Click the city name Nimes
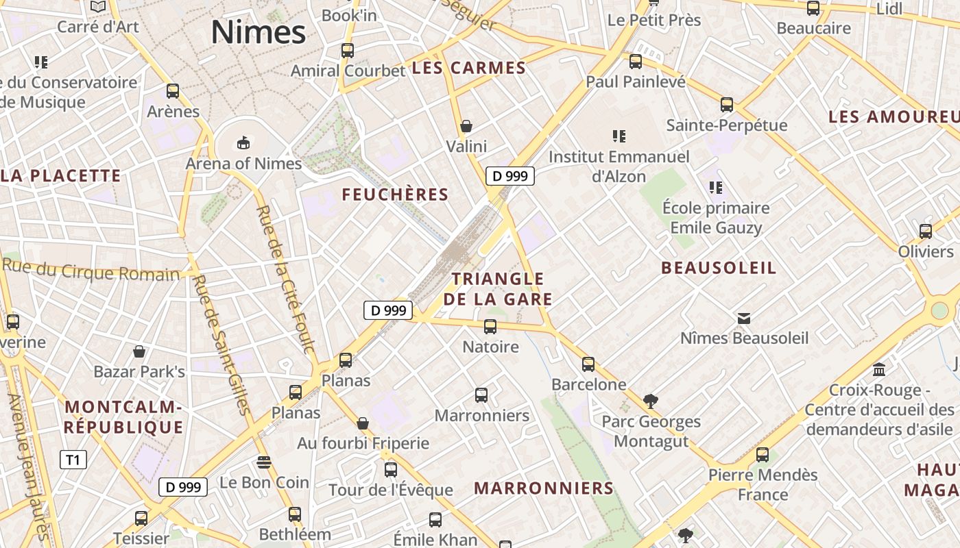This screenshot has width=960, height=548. (258, 32)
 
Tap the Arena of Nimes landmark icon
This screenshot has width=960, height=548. (243, 142)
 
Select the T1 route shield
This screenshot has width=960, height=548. (73, 460)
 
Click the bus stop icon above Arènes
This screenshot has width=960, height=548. (173, 91)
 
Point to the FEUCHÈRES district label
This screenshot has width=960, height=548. (395, 195)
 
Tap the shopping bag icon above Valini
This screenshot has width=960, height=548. (466, 126)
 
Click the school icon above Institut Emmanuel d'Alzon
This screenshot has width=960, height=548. (619, 136)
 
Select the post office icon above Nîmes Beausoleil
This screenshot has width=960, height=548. (744, 318)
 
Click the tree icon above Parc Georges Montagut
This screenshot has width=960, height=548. (651, 401)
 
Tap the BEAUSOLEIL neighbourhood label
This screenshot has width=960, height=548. (719, 268)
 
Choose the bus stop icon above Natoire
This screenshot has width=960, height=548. (490, 327)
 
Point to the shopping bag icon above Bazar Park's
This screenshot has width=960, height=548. (139, 352)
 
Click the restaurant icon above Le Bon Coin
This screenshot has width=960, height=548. (264, 462)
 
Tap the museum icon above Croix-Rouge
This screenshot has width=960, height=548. (879, 370)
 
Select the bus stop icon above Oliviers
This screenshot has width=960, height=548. (926, 232)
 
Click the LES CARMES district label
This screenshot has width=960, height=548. (469, 68)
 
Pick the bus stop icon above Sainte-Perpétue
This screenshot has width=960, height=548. (727, 105)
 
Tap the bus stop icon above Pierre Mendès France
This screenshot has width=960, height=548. (763, 455)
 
